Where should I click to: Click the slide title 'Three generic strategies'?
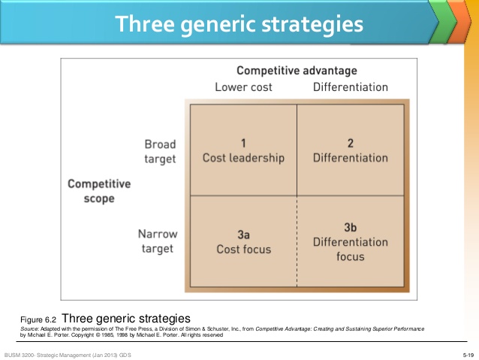coord(239,24)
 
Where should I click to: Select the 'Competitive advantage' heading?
coord(297,71)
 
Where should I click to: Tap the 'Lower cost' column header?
coord(243,87)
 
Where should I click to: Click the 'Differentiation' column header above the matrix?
coord(351,87)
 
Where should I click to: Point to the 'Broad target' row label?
coord(160,152)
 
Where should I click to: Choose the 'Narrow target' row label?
coord(158,241)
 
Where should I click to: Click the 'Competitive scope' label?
coord(99,191)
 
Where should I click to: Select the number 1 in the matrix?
coord(243,143)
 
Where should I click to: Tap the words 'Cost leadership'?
coord(243,158)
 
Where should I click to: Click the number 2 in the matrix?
coord(351,143)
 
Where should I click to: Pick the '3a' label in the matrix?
coord(243,234)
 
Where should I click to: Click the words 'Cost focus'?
coord(244,250)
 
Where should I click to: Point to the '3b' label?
coord(351,227)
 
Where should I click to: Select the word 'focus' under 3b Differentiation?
coord(351,256)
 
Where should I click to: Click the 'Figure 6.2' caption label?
coord(38,320)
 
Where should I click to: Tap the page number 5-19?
coord(468,355)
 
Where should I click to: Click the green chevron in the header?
coord(443,22)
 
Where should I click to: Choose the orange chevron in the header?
coord(459,22)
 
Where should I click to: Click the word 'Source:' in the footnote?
coord(30,328)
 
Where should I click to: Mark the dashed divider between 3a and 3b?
coord(297,241)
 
